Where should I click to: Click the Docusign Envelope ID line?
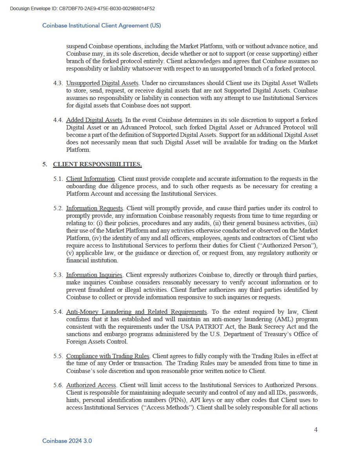82,8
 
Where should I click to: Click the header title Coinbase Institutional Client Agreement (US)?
102,25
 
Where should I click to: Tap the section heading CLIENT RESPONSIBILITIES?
97,164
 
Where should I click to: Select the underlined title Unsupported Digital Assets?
102,83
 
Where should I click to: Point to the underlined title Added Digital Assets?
94,120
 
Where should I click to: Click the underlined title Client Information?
90,179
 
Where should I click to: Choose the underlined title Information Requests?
95,208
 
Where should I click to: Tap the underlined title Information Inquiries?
94,275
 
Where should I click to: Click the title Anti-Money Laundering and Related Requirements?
136,312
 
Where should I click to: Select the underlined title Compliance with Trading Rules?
107,356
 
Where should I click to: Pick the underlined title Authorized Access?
91,385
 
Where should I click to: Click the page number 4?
316,430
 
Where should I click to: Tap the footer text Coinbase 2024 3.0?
67,441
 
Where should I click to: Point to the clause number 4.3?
58,83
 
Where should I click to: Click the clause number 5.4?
58,312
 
